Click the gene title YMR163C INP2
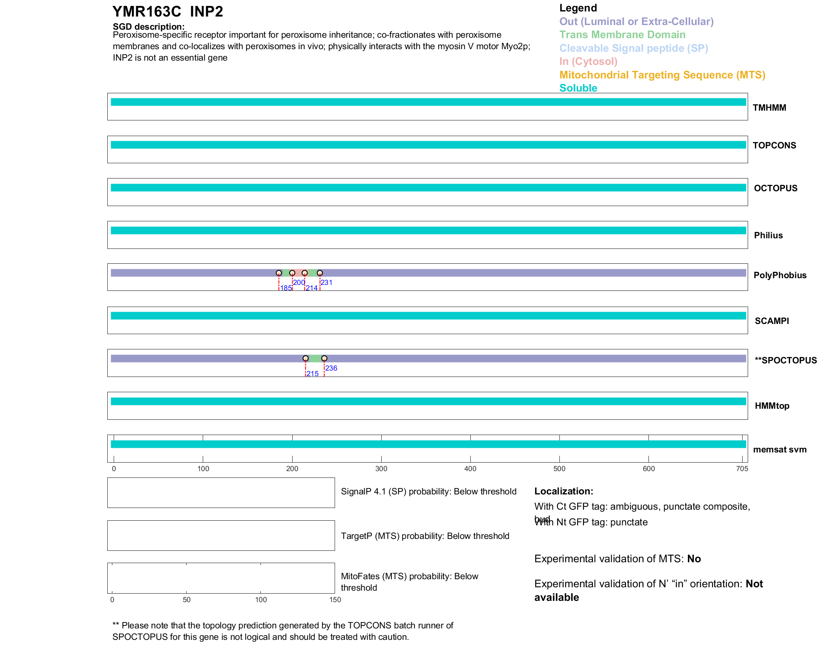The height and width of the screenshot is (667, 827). point(168,12)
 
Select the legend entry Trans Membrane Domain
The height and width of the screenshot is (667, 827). point(622,35)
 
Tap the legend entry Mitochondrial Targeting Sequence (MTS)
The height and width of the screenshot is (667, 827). point(662,75)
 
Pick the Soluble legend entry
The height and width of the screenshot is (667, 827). point(578,88)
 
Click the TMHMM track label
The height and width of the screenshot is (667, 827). point(769,108)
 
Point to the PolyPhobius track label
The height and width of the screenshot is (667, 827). point(780,275)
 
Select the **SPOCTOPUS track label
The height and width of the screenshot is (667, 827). point(785,360)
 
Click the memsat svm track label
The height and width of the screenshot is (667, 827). point(780,449)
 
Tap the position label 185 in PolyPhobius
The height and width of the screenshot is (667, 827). point(286,288)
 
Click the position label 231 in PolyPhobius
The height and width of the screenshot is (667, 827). point(327,283)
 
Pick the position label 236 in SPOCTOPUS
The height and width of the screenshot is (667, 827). point(331,368)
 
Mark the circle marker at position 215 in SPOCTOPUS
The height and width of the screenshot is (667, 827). point(305,358)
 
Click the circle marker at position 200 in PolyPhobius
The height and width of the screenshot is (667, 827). point(292,273)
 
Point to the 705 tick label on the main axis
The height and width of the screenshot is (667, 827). point(742,469)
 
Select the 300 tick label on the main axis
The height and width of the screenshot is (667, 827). point(381,469)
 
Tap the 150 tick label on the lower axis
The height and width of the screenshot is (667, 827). point(335,600)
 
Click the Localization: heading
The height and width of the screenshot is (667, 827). point(564,491)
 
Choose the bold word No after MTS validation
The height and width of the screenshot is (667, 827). point(694,559)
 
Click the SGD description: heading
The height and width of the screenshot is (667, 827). point(148,27)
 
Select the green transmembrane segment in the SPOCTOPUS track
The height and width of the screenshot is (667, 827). point(315,358)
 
